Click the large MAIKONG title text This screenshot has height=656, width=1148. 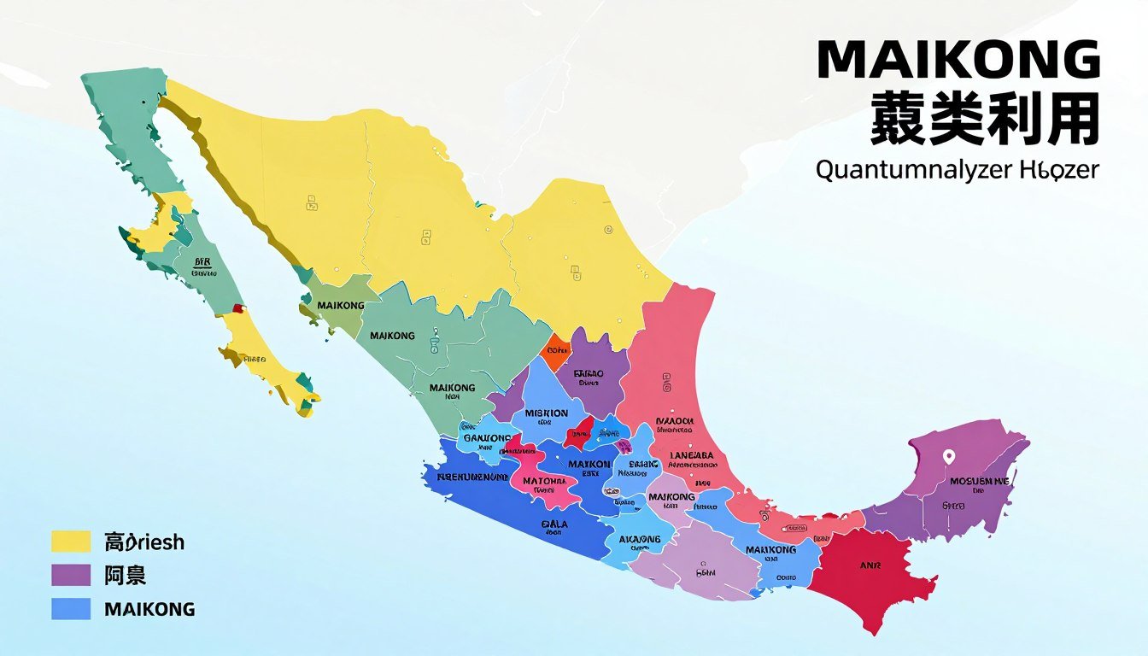click(958, 61)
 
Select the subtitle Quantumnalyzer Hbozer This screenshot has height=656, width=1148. click(958, 169)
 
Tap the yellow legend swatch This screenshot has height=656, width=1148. click(71, 542)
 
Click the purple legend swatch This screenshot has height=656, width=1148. click(71, 576)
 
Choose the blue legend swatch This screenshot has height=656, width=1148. click(71, 609)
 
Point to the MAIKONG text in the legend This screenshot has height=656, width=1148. click(149, 610)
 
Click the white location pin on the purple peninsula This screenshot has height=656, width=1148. click(947, 457)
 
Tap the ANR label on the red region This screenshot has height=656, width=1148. click(870, 565)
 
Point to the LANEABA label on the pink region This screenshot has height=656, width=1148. click(693, 455)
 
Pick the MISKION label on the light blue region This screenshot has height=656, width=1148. click(547, 413)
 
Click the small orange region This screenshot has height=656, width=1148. click(556, 349)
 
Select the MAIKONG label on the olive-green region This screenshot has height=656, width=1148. click(340, 305)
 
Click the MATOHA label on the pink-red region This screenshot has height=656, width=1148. click(544, 481)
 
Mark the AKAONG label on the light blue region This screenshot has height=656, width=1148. click(640, 539)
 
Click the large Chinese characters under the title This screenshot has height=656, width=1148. click(984, 120)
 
